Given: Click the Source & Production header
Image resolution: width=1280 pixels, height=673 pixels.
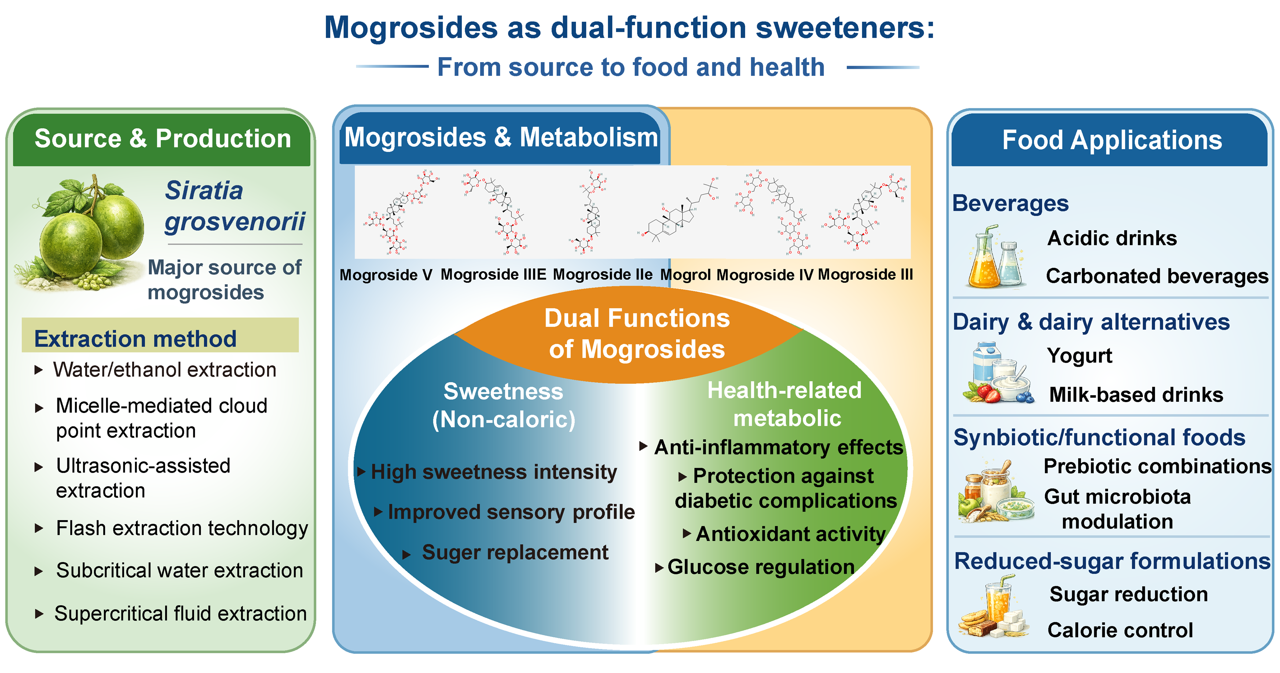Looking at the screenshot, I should pos(162,139).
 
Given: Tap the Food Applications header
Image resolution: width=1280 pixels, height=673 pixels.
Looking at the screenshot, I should pos(1111,140).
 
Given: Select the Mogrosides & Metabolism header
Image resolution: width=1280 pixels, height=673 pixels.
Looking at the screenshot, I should pos(501,138).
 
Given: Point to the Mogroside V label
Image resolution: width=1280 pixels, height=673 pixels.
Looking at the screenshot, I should pos(386,275).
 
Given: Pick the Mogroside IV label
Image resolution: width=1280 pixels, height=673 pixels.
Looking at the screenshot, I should pos(765,275).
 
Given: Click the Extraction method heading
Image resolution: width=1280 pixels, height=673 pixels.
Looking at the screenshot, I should pos(135,339).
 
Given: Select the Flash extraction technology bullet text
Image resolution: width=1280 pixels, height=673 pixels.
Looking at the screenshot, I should pos(182,528).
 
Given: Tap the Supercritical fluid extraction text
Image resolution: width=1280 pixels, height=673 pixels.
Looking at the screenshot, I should pos(180,613).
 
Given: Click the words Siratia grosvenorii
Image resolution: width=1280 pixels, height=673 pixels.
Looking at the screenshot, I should pos(234,206).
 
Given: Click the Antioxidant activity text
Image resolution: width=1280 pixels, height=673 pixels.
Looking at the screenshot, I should pos(791,534).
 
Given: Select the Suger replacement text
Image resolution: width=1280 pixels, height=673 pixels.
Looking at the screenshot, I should pos(515,552).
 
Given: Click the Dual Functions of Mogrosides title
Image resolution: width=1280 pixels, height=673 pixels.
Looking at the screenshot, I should pos(636,333).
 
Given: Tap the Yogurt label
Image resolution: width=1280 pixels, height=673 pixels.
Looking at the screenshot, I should pos(1079,356).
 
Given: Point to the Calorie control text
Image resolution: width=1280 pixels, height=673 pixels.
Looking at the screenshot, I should pos(1120,630).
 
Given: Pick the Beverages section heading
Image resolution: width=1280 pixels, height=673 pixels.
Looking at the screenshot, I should pos(1010,203).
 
